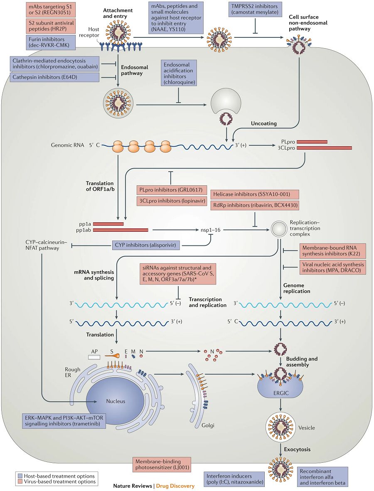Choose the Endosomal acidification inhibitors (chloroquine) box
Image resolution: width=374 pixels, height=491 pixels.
tap(179, 74)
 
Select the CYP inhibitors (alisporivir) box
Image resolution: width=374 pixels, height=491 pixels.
tap(146, 246)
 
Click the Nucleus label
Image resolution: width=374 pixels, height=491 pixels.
tap(115, 401)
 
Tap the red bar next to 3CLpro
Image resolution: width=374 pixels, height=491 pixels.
tap(324, 148)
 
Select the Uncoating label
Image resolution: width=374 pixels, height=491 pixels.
tap(264, 124)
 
